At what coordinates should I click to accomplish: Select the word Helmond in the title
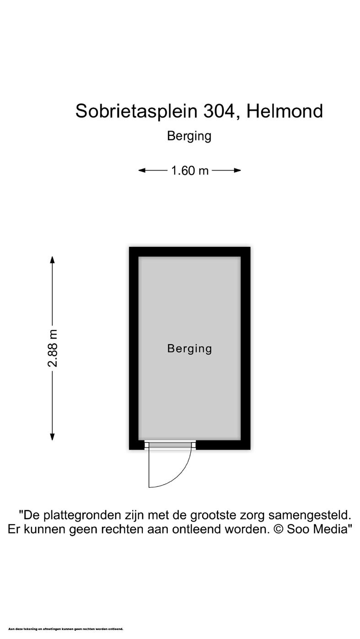pyautogui.click(x=285, y=111)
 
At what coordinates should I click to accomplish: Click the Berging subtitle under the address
pyautogui.click(x=189, y=136)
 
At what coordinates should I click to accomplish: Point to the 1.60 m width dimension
pyautogui.click(x=190, y=170)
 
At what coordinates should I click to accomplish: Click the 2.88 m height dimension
pyautogui.click(x=53, y=348)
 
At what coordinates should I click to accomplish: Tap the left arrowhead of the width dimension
pyautogui.click(x=142, y=170)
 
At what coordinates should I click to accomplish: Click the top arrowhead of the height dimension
pyautogui.click(x=53, y=260)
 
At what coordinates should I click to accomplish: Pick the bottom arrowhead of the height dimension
pyautogui.click(x=53, y=437)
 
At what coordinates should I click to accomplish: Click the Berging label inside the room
pyautogui.click(x=189, y=349)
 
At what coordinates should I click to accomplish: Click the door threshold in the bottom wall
pyautogui.click(x=170, y=445)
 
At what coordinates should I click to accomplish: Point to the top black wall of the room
pyautogui.click(x=189, y=251)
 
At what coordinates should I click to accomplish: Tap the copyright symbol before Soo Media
pyautogui.click(x=279, y=529)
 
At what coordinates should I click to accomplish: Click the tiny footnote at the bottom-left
pyautogui.click(x=66, y=629)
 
